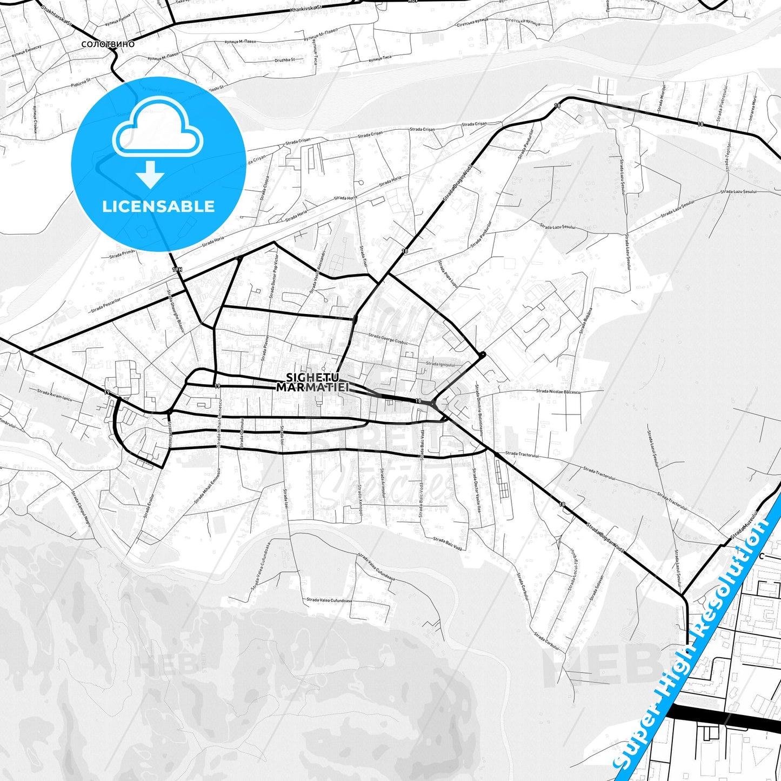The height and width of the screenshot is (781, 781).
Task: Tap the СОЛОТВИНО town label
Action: click(x=108, y=44)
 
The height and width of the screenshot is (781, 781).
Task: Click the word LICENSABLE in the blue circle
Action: click(x=158, y=206)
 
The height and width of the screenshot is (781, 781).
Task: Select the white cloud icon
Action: click(x=158, y=129)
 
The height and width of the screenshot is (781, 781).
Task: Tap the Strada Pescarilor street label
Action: click(x=106, y=304)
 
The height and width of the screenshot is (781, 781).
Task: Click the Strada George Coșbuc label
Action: click(x=388, y=338)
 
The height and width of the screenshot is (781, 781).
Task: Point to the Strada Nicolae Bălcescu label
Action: click(x=558, y=391)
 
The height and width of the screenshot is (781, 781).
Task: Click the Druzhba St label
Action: click(x=285, y=60)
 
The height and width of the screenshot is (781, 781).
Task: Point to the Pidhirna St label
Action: click(x=80, y=83)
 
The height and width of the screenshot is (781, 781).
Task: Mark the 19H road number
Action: click(x=177, y=269)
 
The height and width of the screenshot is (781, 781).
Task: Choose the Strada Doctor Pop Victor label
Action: click(x=273, y=276)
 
